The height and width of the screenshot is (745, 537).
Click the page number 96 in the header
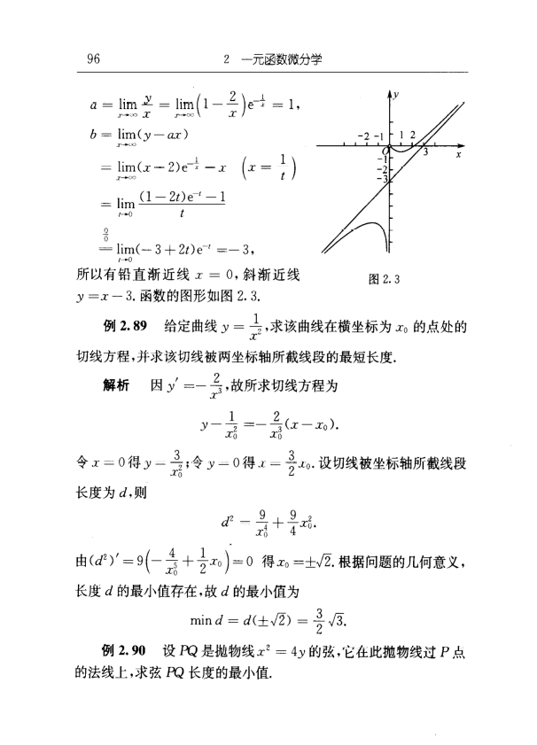93,60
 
